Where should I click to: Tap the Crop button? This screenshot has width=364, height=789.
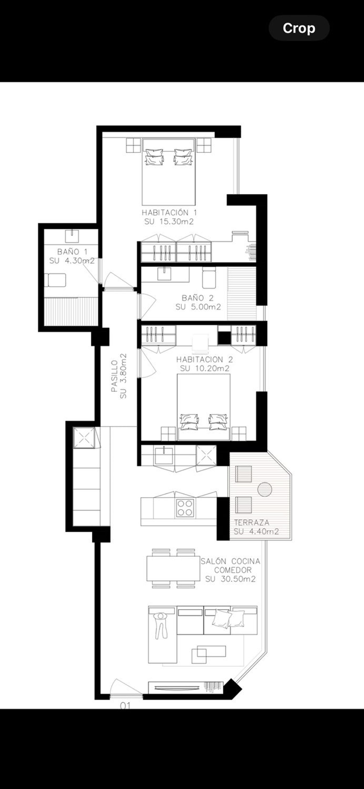[299, 28]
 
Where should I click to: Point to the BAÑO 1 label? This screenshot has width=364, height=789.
[72, 252]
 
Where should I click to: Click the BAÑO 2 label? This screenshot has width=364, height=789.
[198, 298]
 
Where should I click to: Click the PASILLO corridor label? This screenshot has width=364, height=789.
[115, 376]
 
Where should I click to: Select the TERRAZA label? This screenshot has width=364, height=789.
[252, 522]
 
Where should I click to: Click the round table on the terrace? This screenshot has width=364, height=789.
[265, 489]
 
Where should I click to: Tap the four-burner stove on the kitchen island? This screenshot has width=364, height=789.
[185, 508]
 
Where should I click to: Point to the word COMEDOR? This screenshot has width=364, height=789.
[233, 570]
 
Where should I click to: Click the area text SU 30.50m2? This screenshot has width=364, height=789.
[231, 579]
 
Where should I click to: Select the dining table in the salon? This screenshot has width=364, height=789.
[173, 568]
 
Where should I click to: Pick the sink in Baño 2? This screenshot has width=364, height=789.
[164, 274]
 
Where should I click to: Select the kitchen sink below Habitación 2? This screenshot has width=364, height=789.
[164, 456]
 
